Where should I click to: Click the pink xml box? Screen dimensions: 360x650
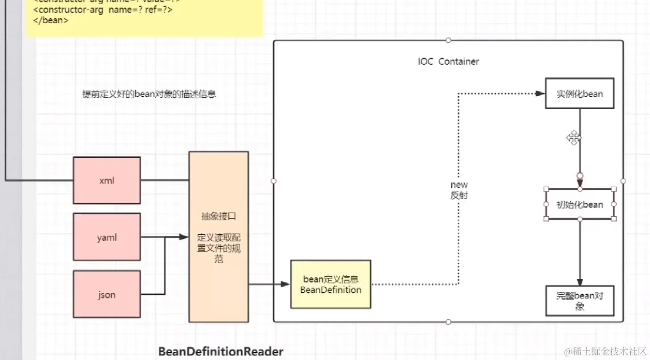(107, 181)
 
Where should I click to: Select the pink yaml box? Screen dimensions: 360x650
(107, 237)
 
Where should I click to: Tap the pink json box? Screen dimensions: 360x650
(107, 294)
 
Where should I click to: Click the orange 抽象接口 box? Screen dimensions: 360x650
(218, 237)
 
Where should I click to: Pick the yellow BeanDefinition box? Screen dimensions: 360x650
(331, 284)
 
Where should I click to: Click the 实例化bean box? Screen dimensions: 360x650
(580, 94)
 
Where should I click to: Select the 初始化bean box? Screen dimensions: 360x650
(580, 204)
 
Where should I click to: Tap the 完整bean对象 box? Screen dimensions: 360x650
(580, 301)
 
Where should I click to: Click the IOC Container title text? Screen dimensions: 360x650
(448, 62)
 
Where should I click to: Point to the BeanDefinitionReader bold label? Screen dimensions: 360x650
(221, 352)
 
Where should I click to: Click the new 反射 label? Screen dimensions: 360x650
(459, 190)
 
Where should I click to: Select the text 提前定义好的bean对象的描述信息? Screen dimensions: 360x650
(149, 94)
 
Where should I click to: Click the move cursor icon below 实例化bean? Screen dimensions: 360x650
(573, 138)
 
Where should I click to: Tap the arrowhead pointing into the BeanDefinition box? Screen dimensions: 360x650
(285, 284)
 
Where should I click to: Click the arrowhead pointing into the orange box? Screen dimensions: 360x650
(184, 237)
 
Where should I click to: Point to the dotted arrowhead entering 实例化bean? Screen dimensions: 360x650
(540, 94)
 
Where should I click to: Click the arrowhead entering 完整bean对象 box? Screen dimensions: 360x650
(580, 281)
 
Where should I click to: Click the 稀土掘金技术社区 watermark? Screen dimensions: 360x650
(604, 352)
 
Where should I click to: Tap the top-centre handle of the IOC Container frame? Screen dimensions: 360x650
(448, 40)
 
